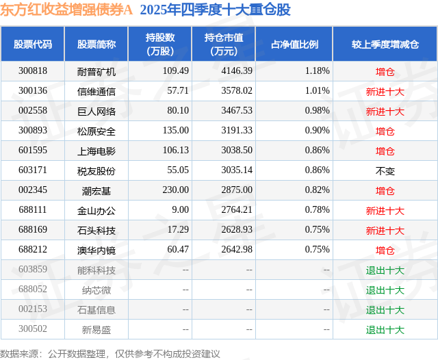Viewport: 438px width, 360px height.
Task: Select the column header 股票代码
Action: (32, 44)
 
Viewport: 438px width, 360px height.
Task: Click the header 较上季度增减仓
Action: (385, 44)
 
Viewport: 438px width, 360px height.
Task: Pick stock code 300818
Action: (33, 71)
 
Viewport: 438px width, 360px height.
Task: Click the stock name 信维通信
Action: (96, 91)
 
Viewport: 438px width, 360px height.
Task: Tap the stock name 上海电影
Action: (96, 151)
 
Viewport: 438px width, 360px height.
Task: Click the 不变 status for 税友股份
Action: (385, 170)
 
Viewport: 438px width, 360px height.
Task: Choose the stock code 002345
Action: (33, 190)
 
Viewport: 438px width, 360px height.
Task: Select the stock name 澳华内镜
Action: (96, 250)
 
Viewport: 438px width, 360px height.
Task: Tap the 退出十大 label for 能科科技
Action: (385, 270)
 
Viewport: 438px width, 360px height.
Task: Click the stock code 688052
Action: (33, 290)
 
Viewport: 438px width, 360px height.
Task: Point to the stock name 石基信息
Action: (96, 310)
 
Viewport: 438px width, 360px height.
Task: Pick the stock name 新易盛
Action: (96, 330)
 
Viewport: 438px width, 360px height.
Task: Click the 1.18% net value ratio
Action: (317, 71)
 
